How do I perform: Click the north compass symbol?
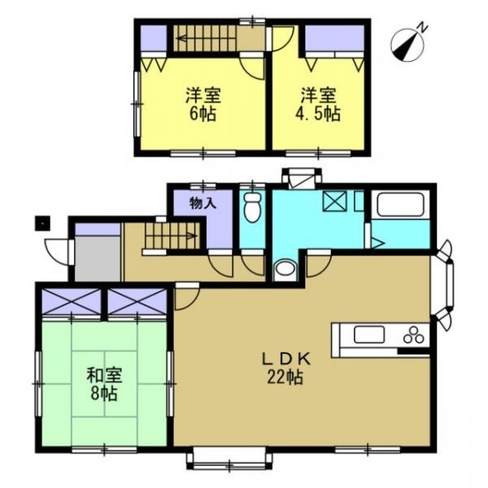408,44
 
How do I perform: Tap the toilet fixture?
252,207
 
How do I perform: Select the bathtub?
400,205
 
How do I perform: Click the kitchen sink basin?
368,334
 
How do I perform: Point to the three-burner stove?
414,335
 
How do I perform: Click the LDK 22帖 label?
285,368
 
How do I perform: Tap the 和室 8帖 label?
104,385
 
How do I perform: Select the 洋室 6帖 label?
203,104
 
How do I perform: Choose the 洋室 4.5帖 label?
318,104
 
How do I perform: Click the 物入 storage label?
203,204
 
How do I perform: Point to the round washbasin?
285,268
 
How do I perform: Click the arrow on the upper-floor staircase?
206,39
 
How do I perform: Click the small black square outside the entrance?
42,223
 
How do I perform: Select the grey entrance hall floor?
98,258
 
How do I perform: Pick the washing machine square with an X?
335,201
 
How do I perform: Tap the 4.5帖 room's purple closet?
334,37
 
